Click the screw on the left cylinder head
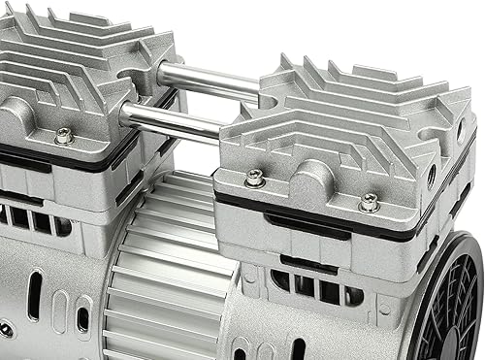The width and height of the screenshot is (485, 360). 64,136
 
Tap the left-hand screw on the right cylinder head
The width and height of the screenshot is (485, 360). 255,178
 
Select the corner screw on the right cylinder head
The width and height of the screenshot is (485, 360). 369,203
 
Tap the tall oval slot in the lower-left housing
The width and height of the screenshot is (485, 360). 36,297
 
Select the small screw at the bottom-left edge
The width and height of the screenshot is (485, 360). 6,331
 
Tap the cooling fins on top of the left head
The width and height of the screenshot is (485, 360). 68,58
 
